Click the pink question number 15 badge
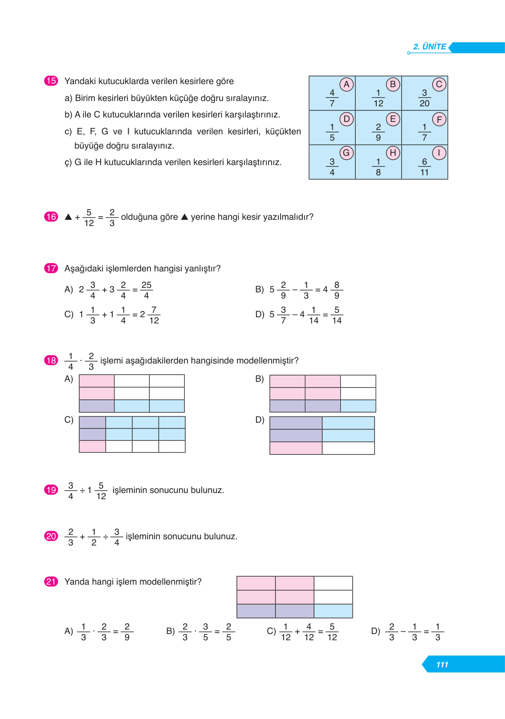point(51,81)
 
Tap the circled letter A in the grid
point(346,84)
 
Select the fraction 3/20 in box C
point(424,98)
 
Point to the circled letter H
point(392,153)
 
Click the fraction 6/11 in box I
point(424,167)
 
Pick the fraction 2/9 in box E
point(378,132)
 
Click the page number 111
point(442,664)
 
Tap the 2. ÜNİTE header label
point(429,47)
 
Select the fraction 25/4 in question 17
point(146,290)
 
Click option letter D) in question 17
point(260,314)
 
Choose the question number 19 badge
point(51,490)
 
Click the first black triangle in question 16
point(68,217)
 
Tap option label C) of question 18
point(69,420)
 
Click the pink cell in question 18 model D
point(296,448)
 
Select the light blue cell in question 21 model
point(333,611)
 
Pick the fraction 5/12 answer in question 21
point(332,632)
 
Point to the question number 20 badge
point(51,536)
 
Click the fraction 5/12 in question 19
point(101,491)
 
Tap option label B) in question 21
point(170,631)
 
